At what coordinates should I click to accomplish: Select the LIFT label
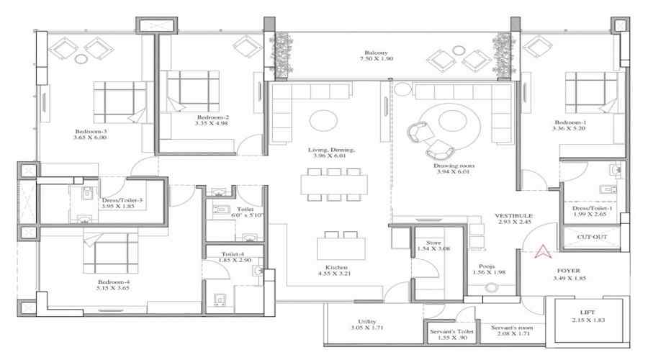point(588,312)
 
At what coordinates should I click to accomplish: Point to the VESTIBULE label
point(513,215)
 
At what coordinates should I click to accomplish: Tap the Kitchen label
point(337,266)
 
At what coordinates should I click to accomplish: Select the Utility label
point(369,322)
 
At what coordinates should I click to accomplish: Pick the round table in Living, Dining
point(323,119)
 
